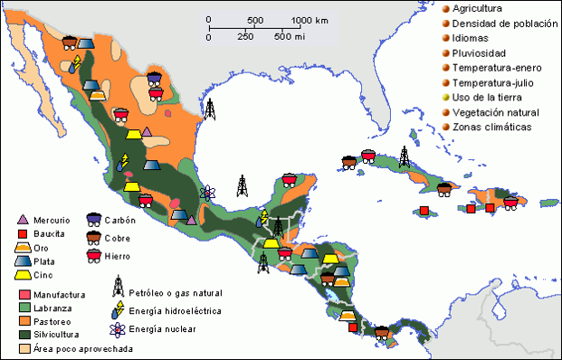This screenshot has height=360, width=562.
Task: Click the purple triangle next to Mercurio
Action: [24, 220]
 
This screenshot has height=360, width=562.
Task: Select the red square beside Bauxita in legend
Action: [24, 233]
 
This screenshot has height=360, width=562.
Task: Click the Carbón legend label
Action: [119, 220]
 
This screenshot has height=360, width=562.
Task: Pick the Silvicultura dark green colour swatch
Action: [24, 334]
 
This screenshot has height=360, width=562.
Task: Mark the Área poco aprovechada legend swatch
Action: [24, 347]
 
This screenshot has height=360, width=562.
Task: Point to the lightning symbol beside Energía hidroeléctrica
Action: [118, 309]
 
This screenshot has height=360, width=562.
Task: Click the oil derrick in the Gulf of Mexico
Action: [210, 109]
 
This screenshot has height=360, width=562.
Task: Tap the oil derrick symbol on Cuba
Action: [404, 156]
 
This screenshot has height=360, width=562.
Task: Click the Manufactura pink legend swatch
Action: [24, 295]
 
